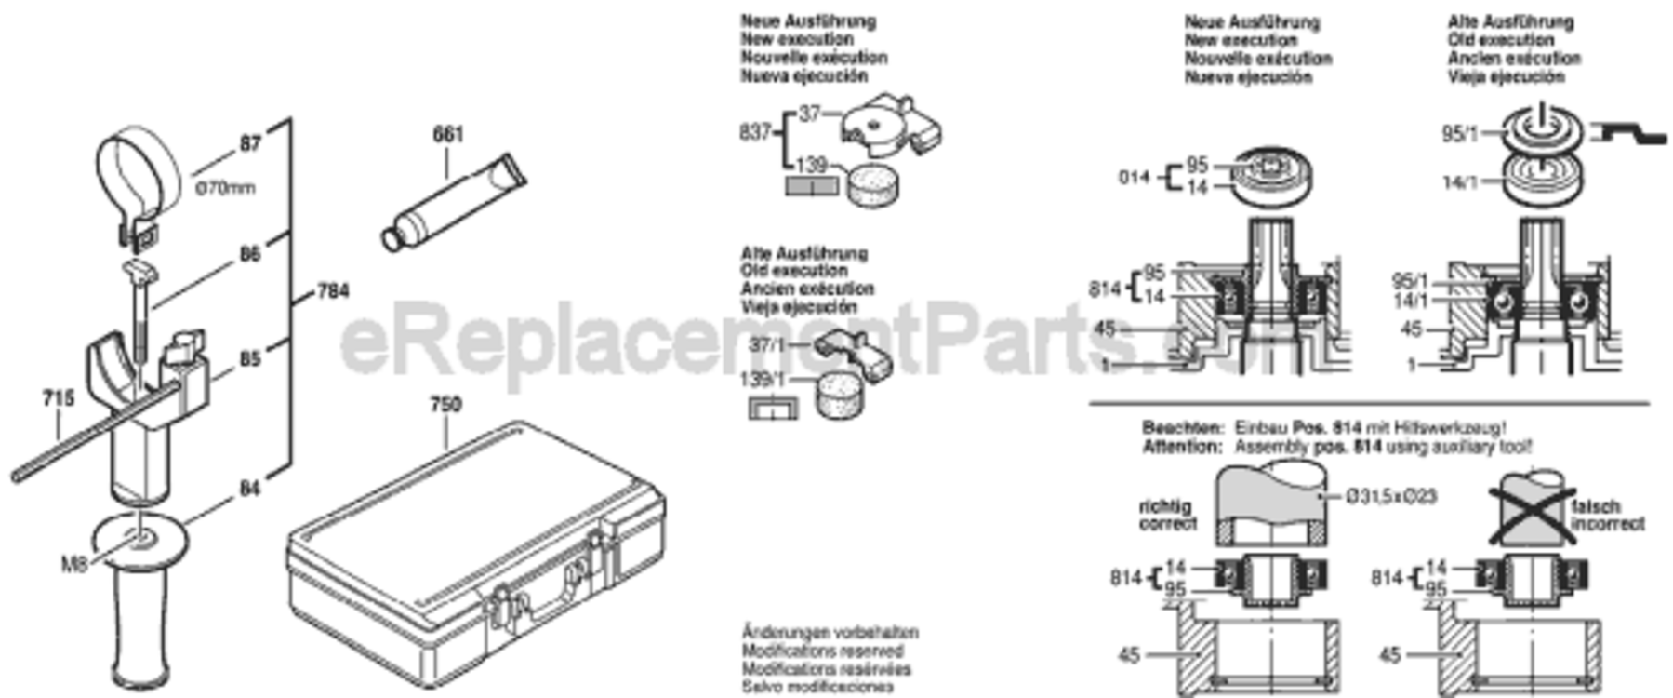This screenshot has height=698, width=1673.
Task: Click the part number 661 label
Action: coord(447,135)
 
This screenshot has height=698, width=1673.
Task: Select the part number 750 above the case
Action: coord(445,406)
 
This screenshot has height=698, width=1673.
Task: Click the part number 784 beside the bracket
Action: coord(333,291)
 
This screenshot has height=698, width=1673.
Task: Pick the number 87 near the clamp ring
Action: coord(250,143)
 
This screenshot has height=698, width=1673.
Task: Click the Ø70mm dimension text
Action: coord(225,188)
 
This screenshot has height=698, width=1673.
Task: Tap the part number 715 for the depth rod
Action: coord(58,399)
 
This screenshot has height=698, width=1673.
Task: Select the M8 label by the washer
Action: coord(74,564)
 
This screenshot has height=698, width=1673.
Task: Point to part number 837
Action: coord(755,133)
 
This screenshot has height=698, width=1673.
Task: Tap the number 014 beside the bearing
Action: coord(1134,177)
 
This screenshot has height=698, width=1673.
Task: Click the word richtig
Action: coord(1165,507)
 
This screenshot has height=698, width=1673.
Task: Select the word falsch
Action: coord(1596,507)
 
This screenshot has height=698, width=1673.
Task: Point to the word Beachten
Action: coord(1183,428)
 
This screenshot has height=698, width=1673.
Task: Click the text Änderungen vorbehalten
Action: coord(830,633)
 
